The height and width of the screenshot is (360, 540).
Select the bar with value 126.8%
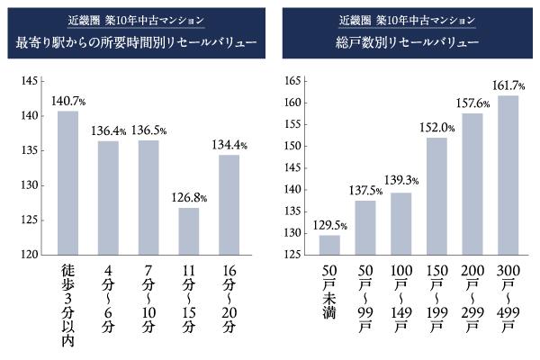(x=187, y=231)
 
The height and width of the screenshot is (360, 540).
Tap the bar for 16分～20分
(x=229, y=204)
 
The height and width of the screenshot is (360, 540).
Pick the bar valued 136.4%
(x=108, y=197)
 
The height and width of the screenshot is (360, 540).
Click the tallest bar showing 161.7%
(x=508, y=175)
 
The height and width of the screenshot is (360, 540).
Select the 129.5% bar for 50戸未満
(x=329, y=245)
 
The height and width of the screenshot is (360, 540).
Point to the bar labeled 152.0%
(x=436, y=196)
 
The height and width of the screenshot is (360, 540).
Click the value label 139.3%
(x=401, y=183)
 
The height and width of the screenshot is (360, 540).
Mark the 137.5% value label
(x=364, y=191)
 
